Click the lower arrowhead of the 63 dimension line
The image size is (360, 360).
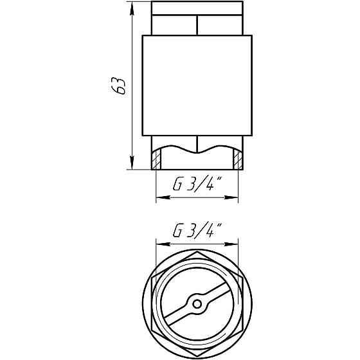(132, 165)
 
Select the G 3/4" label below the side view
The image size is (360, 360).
(197, 185)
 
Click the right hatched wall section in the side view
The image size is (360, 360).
(238, 158)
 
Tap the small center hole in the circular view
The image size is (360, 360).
(197, 303)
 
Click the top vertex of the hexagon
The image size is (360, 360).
(197, 252)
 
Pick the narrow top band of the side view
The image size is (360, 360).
(197, 9)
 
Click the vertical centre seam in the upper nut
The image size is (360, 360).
(197, 24)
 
